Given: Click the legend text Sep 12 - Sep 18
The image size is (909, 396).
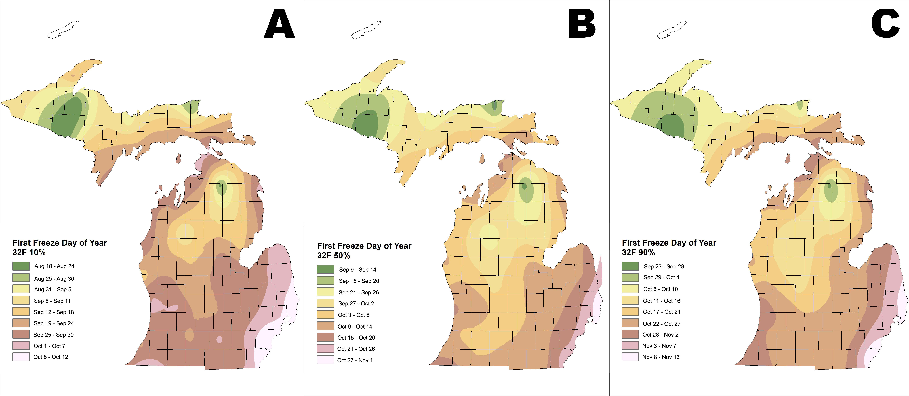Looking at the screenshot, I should click(x=54, y=312).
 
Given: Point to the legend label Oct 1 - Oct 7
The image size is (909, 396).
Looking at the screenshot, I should click(x=49, y=346).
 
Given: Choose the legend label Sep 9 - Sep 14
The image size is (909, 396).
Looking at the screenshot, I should click(x=357, y=270).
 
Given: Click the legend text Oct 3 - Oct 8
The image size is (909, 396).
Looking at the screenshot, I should click(x=354, y=315).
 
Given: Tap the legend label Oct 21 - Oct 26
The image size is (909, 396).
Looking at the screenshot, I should click(x=356, y=349).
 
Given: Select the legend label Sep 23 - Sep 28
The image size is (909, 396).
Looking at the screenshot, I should click(x=664, y=266).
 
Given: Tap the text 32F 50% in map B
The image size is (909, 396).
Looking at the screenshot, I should click(x=334, y=256).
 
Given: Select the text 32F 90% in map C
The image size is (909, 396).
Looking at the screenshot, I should click(x=638, y=253).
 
